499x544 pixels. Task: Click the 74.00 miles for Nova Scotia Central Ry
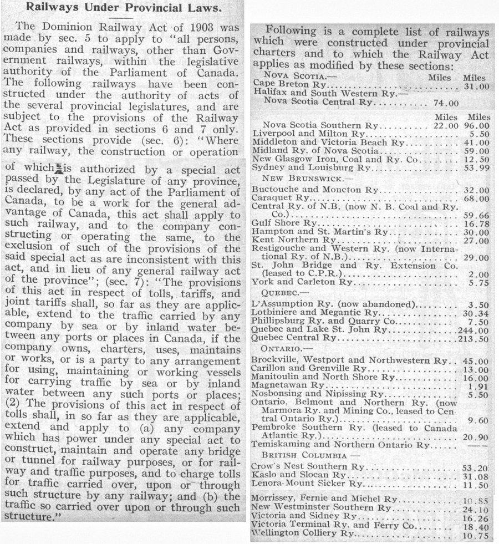pos(445,103)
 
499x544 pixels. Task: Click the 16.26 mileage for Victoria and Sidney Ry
pos(478,516)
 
